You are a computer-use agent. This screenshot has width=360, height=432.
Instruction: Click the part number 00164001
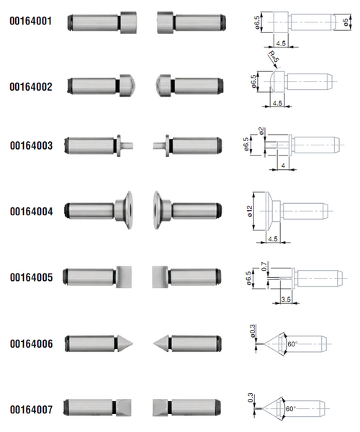point(30,21)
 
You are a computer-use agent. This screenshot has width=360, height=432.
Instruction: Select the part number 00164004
point(31,212)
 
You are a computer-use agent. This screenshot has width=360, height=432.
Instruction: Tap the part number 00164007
point(31,410)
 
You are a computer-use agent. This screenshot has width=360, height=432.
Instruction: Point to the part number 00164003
point(31,145)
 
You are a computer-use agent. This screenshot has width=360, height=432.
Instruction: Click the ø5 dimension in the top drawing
point(346,22)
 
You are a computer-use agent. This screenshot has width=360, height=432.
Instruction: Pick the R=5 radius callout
point(274,56)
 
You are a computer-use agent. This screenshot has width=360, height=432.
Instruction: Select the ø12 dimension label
point(250,211)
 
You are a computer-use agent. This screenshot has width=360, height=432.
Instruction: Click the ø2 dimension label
point(261,130)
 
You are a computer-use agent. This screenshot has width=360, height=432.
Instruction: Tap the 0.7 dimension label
point(264,266)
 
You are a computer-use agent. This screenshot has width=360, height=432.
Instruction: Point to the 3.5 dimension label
point(286,300)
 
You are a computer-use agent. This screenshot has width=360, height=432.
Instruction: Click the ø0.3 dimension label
point(253,331)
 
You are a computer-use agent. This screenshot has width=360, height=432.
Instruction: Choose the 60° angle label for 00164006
point(292,344)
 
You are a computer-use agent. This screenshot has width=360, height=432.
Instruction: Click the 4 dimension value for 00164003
point(283,166)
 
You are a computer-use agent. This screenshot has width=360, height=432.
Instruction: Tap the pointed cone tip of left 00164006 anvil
point(132,343)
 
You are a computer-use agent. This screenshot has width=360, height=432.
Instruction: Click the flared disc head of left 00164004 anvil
point(127,210)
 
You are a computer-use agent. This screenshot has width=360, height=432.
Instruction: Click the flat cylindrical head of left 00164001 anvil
point(129,22)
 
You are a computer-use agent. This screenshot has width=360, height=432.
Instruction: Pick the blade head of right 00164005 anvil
point(160,277)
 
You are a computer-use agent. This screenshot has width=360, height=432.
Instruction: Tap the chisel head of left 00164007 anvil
point(124,408)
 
